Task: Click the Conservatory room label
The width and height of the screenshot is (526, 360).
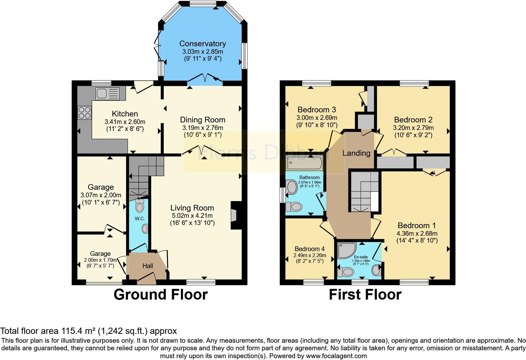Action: click(x=203, y=43)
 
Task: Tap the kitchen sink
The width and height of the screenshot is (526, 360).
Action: click(x=108, y=93)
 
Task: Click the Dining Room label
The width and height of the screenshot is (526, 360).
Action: click(x=203, y=120)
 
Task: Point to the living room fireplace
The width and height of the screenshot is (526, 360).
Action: click(x=234, y=216)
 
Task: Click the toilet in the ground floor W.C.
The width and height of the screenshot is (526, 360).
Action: click(x=139, y=206)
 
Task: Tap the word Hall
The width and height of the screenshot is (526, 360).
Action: click(x=148, y=266)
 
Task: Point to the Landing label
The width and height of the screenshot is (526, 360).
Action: click(x=356, y=153)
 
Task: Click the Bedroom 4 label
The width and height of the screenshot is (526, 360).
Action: click(x=310, y=249)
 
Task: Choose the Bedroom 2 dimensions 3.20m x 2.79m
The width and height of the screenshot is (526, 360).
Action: click(x=413, y=128)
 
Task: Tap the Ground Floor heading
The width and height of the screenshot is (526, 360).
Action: click(x=160, y=295)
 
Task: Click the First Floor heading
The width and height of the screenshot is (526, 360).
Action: click(x=365, y=295)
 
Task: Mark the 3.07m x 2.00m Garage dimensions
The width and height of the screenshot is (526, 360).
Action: click(x=101, y=195)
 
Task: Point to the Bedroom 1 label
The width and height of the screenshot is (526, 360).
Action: click(x=417, y=225)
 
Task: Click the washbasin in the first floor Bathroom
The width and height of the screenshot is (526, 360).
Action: click(x=292, y=188)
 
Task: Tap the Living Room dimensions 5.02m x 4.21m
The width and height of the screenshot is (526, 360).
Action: click(x=192, y=216)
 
